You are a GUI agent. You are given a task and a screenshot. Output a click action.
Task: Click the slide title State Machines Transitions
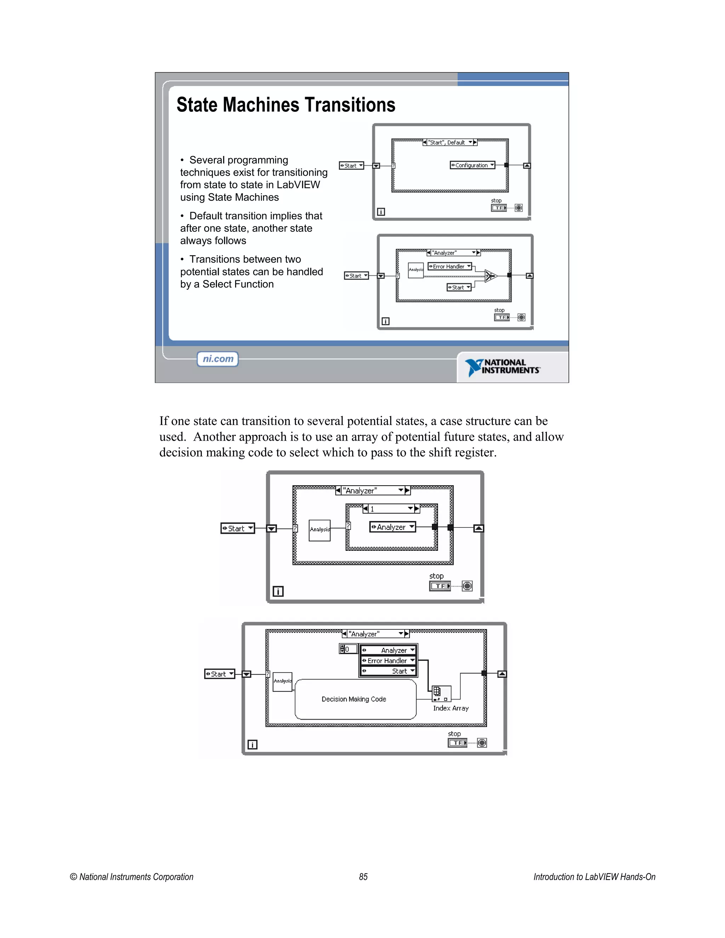coord(286,105)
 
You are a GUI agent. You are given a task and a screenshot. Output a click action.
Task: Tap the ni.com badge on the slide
coord(218,359)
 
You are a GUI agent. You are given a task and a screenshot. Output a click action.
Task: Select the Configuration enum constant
coord(472,165)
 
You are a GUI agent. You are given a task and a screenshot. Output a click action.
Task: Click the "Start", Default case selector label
coord(449,143)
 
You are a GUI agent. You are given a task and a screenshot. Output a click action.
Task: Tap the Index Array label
coord(451,708)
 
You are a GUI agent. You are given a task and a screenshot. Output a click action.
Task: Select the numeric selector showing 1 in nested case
coord(391,509)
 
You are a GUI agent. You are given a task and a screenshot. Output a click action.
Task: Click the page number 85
coord(363,876)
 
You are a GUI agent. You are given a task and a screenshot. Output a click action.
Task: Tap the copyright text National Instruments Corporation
coord(131,876)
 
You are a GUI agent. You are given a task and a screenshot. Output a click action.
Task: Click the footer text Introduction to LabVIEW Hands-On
coord(594,876)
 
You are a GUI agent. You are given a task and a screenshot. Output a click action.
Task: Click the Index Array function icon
coord(441,693)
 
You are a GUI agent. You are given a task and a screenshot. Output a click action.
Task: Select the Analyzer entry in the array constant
coord(388,650)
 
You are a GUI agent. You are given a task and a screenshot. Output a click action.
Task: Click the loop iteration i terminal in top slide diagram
coord(381,212)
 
